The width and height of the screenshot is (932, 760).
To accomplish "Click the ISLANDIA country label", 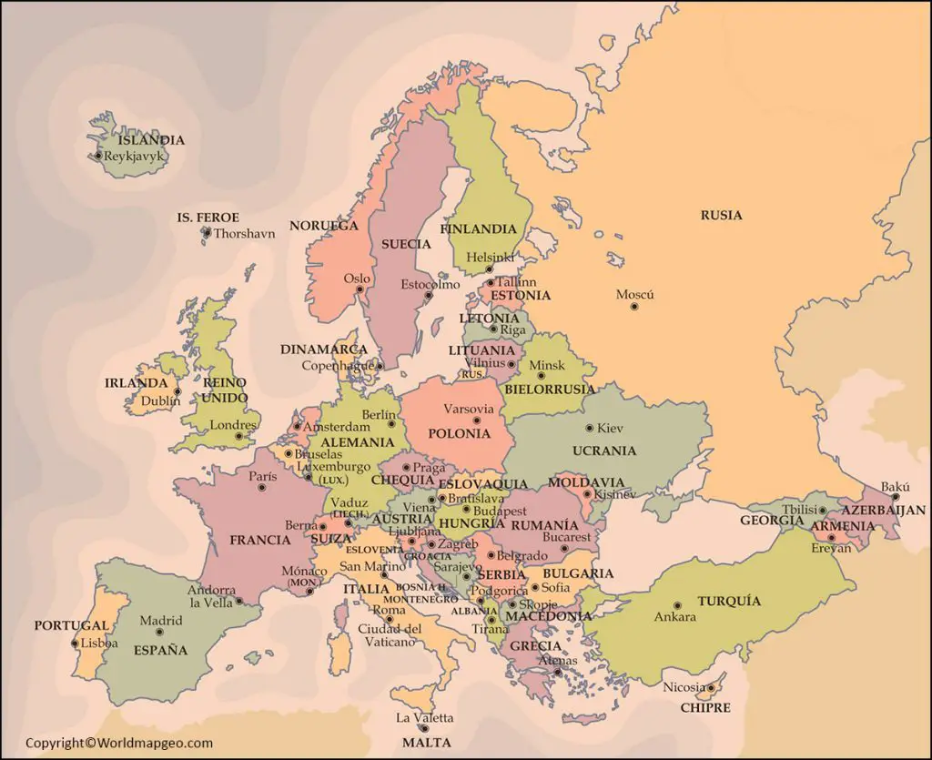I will (x=150, y=140).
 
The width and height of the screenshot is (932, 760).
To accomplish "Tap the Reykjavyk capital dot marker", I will (x=98, y=156).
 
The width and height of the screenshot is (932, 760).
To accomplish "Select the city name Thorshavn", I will (x=244, y=233).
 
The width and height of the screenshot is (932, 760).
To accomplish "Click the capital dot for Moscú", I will (x=634, y=307).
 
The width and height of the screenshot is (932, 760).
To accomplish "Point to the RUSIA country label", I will (x=721, y=216).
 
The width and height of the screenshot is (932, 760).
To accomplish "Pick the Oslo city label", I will (x=357, y=279).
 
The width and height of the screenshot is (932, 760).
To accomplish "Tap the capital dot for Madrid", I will (x=159, y=632).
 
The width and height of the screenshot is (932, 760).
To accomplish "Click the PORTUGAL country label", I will (x=71, y=626).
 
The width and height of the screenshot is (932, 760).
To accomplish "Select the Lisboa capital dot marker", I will (x=75, y=643).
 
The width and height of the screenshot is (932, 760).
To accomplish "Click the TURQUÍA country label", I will (x=729, y=601).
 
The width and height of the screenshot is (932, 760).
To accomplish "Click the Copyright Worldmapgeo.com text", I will (x=118, y=744).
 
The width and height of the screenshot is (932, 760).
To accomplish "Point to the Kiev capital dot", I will (x=589, y=428).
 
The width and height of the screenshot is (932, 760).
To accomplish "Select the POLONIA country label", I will (x=460, y=433).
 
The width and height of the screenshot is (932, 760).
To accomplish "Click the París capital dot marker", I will (x=262, y=488).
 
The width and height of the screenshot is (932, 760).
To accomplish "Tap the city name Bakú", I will (x=895, y=487).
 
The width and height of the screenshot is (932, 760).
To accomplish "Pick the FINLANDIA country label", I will (x=478, y=229).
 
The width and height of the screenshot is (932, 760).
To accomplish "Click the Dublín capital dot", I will (x=177, y=393).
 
